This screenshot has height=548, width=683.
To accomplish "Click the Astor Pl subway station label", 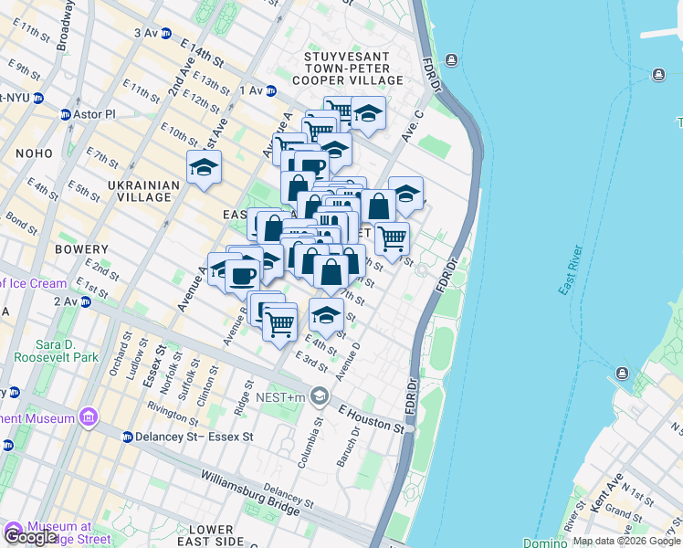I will tap(95, 114).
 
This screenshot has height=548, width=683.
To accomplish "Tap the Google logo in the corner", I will tap(30, 537).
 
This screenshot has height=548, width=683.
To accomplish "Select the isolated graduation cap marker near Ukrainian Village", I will tap(204, 168).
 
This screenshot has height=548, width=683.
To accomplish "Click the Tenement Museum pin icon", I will tap(88, 418).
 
